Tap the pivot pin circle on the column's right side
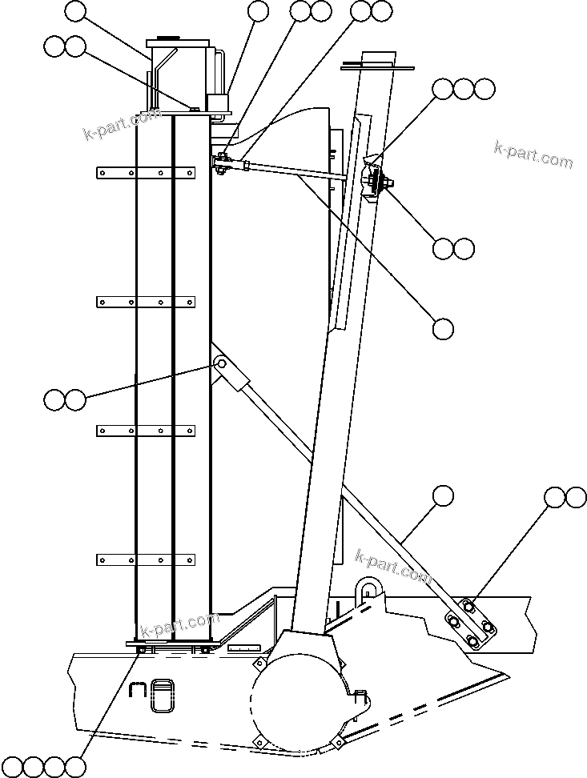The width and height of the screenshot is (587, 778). pos(220,365)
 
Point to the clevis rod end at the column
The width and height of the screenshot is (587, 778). pos(224,164)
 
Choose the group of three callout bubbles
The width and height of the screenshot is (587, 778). pos(464,89)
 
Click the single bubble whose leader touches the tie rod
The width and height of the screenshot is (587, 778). pos(443,328)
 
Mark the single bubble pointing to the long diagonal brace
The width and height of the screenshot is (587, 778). pos(442,496)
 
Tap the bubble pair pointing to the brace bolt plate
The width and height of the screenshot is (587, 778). pos(565,497)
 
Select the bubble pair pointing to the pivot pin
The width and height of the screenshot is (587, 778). pos(65,399)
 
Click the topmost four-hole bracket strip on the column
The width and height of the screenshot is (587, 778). pos(146,172)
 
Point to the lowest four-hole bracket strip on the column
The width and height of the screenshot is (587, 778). pos(146,559)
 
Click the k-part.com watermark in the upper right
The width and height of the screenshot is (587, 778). pos(533,154)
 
